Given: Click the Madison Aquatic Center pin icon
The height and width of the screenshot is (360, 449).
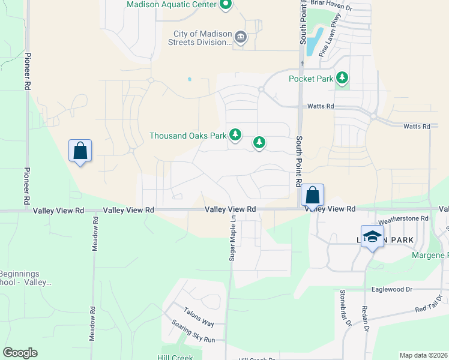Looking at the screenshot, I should (226, 5).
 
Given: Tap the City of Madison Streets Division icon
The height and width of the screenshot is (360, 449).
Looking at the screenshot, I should (241, 37).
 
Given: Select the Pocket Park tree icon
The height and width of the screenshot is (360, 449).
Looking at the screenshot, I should (342, 78).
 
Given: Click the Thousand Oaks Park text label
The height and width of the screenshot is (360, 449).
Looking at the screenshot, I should (188, 136).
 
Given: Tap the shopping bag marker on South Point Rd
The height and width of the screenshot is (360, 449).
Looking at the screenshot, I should (312, 195).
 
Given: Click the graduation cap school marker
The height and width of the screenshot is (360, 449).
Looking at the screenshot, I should (372, 236).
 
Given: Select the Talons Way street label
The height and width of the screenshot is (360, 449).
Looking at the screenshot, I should (198, 320).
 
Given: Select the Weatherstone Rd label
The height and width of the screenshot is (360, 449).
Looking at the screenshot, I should (403, 219).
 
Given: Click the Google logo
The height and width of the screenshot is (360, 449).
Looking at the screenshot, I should (20, 353).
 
